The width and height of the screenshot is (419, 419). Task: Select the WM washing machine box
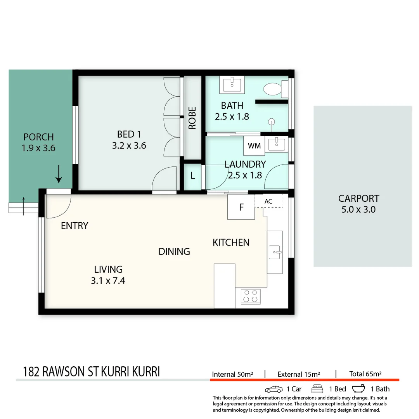pos(254,146)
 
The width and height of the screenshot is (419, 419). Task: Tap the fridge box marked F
pos(241,207)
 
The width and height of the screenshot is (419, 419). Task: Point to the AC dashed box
pos(268,201)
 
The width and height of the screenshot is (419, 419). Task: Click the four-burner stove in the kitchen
pos(250,296)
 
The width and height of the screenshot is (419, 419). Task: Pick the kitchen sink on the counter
pos(275,252)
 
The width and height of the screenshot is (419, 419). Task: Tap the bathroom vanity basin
pos(232,85)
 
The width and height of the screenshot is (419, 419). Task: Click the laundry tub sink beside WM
pos(276,144)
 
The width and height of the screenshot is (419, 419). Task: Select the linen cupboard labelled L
pos(193,176)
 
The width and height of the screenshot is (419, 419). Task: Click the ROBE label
pos(192,118)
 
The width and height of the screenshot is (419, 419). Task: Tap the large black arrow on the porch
pos(59,174)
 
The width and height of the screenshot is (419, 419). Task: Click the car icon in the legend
pos(274,389)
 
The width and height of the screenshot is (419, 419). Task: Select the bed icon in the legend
pos(317,389)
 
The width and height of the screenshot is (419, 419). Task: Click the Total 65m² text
pos(365,374)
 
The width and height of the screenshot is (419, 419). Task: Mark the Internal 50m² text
pos(232,374)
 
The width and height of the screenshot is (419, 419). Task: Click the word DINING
pos(174,251)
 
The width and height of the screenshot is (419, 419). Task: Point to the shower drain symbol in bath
pos(272,121)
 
